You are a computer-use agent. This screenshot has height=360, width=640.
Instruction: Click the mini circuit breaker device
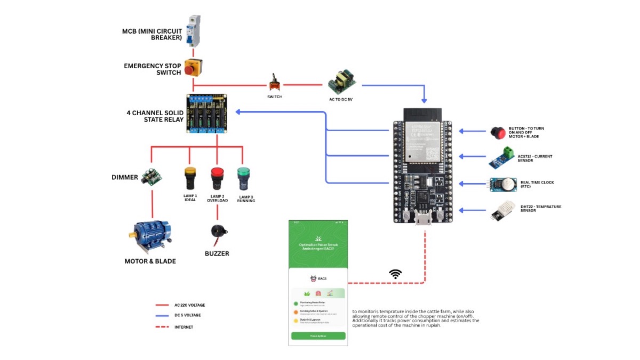[193, 31]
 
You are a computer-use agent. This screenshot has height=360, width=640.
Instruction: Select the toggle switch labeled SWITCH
[275, 83]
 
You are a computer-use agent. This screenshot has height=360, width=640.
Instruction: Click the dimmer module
[151, 177]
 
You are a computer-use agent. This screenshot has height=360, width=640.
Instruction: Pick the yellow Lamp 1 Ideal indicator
[190, 178]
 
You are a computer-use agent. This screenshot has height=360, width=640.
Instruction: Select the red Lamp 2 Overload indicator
[217, 178]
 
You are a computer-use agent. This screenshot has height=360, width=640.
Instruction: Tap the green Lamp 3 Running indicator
[243, 177]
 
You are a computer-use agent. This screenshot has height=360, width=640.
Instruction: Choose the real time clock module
[502, 184]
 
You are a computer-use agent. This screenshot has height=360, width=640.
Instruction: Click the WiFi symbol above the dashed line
[395, 274]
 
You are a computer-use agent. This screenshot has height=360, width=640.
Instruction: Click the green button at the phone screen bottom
[318, 336]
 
